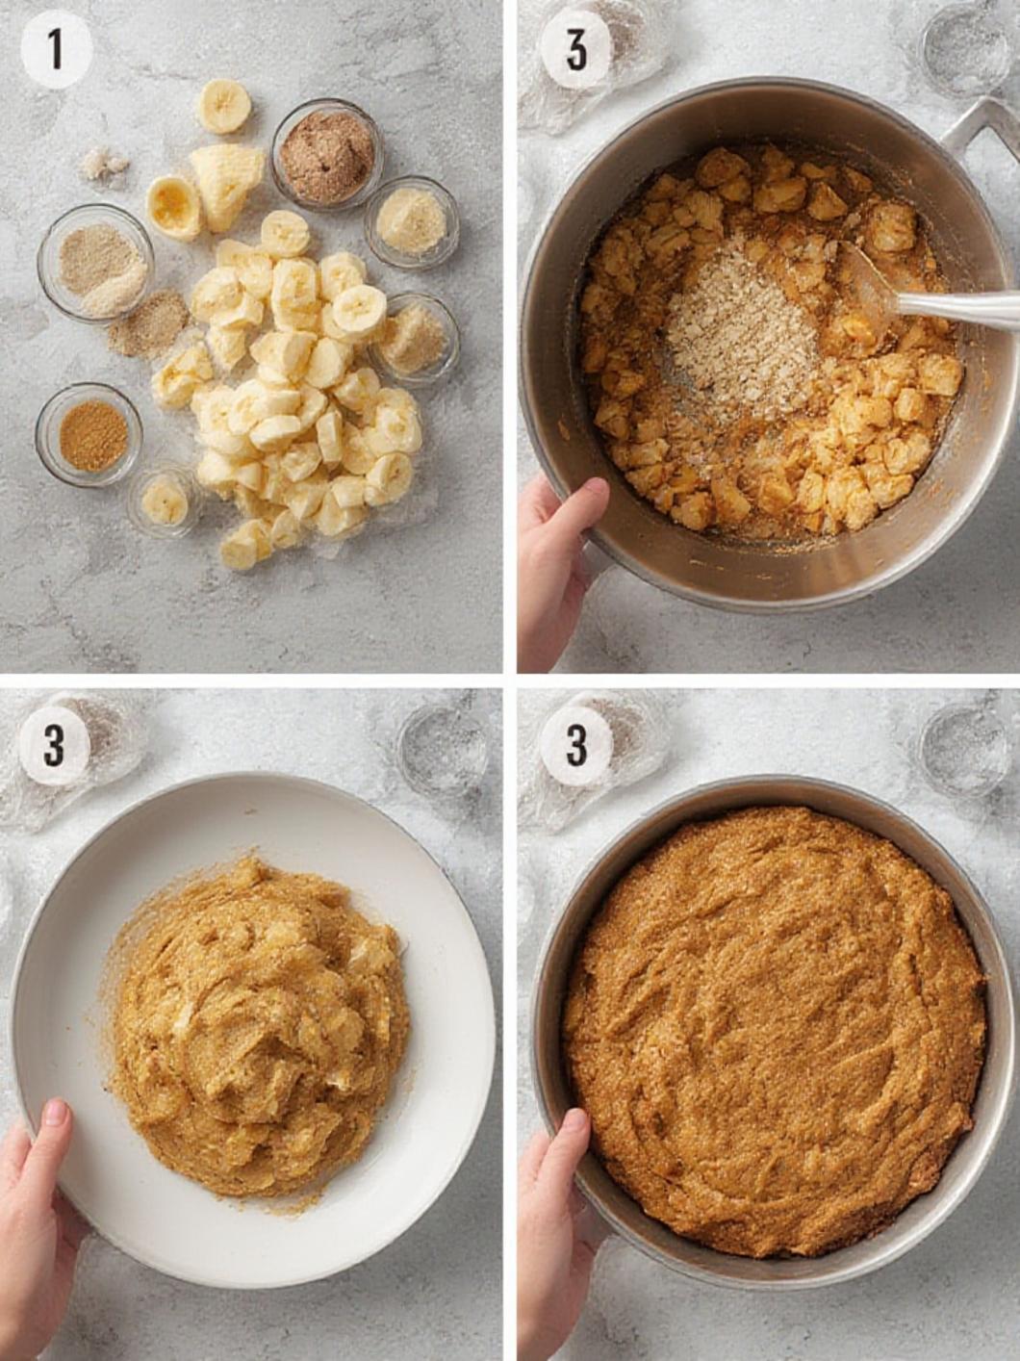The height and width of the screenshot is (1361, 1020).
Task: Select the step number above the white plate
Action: click(x=55, y=747)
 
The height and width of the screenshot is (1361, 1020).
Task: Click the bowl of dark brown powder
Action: click(x=328, y=161)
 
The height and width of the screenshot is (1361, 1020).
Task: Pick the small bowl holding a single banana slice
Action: click(x=166, y=501)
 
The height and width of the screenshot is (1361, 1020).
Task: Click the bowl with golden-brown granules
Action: click(x=89, y=434)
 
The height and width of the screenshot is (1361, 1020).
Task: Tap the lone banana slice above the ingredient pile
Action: click(x=223, y=106)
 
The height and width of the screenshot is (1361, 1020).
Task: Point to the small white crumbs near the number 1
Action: click(x=104, y=164)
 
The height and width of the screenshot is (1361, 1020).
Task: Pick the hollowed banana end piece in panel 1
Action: click(x=174, y=208)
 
